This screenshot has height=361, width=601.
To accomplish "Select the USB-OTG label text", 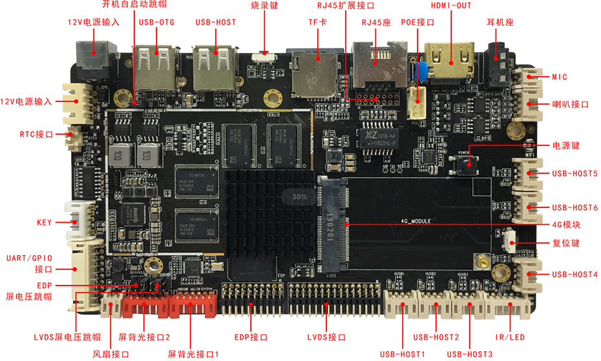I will (156, 22).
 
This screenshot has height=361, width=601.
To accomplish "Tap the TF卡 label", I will (316, 23).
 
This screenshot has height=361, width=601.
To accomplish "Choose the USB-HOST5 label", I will (575, 174).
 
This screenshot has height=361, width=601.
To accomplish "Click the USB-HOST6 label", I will (575, 208).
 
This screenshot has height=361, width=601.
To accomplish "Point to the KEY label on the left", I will (44, 223).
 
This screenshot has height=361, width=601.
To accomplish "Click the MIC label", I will (559, 77).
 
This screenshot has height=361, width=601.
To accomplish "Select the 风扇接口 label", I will (111, 355).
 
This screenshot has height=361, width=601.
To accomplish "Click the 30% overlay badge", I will (299, 196).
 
